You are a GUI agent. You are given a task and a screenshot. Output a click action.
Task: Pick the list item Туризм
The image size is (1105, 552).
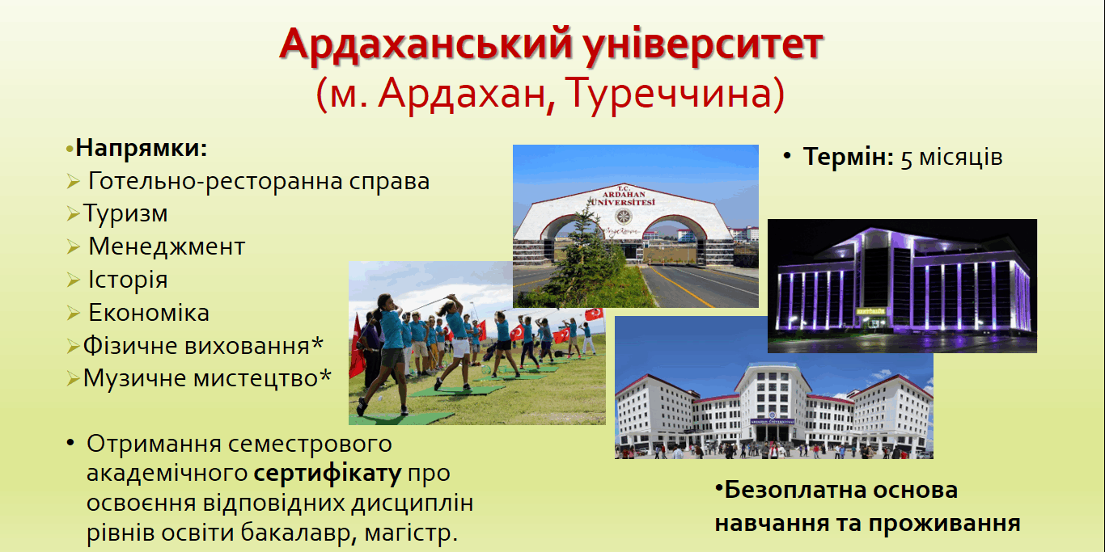pos(125,213)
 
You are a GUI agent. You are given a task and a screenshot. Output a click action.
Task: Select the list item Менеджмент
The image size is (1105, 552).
pos(167,246)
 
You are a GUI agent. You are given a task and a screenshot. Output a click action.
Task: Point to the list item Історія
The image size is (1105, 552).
pos(128,280)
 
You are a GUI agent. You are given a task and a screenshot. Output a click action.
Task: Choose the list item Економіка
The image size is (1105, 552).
pos(149,313)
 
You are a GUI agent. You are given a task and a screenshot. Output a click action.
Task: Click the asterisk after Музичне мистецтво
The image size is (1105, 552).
pos(325,377)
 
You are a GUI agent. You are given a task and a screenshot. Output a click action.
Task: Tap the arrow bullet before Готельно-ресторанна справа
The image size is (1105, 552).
pos(74,182)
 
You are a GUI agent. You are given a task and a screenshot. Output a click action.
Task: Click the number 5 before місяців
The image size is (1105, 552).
pos(907,158)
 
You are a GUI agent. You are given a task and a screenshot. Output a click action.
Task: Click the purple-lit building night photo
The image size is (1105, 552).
pos(902,286)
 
